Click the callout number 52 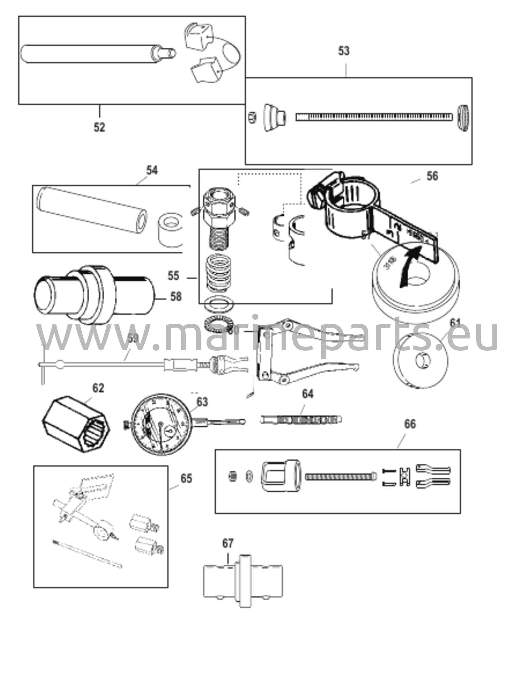click(x=99, y=127)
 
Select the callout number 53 click(x=344, y=51)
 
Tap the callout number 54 click(x=152, y=171)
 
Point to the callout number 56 click(x=432, y=176)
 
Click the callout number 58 click(x=176, y=297)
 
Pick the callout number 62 click(x=98, y=388)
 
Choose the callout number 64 click(x=308, y=394)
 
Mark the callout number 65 click(x=186, y=478)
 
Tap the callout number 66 click(x=410, y=424)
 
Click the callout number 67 click(x=228, y=544)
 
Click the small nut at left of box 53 click(x=252, y=117)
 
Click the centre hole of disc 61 click(x=422, y=361)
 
